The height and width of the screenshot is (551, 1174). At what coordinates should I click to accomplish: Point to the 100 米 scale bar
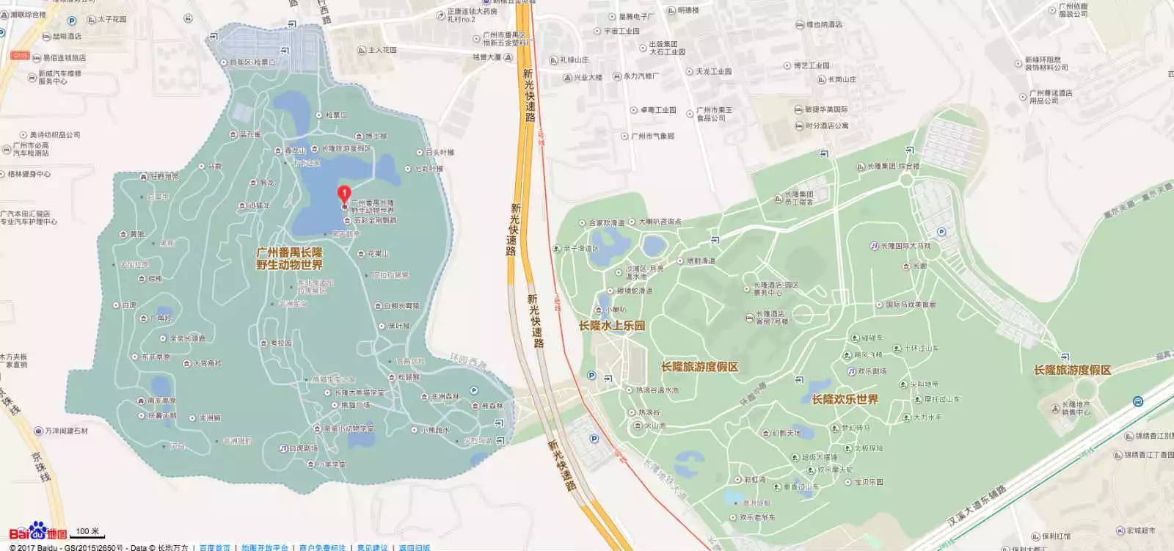coord(87,532)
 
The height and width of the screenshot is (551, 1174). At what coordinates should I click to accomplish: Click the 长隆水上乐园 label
coord(611,326)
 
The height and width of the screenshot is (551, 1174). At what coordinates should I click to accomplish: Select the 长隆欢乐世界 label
coord(845,399)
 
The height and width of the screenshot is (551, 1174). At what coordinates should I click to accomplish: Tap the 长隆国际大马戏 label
coord(905,246)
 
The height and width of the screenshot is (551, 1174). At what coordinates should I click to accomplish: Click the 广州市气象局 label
coord(652,136)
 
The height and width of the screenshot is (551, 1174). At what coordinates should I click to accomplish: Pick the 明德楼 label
coord(688,10)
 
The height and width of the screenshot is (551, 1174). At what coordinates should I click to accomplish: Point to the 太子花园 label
coord(112,19)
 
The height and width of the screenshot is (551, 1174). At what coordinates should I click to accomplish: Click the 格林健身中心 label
coord(29,174)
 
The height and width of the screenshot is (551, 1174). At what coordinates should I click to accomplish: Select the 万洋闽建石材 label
coord(66,431)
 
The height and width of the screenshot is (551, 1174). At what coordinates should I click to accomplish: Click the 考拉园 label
coord(281,343)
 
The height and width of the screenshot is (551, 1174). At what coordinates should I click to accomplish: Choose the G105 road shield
coord(20,56)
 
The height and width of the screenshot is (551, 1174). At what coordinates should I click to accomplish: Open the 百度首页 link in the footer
coord(214,547)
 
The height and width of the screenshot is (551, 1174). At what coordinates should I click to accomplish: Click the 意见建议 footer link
coord(372,547)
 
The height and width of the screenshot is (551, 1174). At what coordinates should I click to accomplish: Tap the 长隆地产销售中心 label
coord(1075,408)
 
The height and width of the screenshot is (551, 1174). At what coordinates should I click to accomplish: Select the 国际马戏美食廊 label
coord(910,304)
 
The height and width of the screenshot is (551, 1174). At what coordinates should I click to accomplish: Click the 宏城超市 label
coord(1140,530)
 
